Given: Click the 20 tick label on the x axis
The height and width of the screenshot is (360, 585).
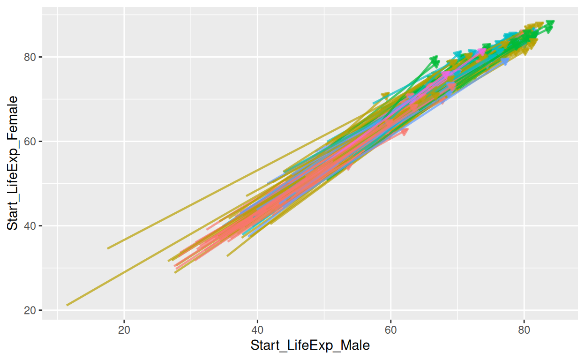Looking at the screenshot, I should coord(124,330).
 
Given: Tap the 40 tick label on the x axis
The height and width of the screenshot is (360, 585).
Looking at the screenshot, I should coord(257,330).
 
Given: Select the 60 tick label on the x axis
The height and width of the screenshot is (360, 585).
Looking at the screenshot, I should coord(391,330).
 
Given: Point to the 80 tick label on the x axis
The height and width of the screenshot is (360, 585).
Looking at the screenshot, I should coord(524,330).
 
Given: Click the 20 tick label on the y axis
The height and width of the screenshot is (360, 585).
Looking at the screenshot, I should coord(31,310).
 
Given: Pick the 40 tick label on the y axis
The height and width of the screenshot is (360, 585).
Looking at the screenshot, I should coord(31,226).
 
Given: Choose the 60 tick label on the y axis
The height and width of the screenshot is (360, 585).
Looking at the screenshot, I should coord(31,142).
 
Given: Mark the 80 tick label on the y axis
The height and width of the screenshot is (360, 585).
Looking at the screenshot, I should coord(31,57).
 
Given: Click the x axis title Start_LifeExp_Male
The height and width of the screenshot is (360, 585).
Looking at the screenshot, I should coord(310,346).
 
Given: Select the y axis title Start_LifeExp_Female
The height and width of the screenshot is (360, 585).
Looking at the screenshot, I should coord(13,163).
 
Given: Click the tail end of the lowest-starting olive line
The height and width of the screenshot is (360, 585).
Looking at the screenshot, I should coord(67,305).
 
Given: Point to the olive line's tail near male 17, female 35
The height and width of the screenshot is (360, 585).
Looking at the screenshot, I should coord(108,248).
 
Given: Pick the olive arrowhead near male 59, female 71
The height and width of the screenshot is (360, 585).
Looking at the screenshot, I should coord(386,96).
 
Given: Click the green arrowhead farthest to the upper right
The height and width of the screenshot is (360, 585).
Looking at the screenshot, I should coord(550,24).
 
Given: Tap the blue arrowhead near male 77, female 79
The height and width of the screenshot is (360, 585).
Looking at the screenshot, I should coord(504,62).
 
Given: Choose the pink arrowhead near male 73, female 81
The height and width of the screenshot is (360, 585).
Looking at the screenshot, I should coord(481,52).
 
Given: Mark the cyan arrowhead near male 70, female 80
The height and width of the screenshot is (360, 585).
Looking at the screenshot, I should coord(458,55).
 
